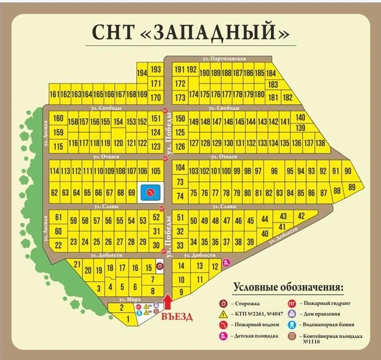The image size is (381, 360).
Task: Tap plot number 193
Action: (x=156, y=70)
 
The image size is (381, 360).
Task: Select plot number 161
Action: (x=54, y=95)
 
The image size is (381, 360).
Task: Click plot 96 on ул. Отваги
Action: (x=275, y=171)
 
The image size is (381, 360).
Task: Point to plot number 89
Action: (x=352, y=187)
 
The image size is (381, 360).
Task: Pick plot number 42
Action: (x=301, y=216)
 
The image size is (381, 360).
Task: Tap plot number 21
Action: (x=77, y=264)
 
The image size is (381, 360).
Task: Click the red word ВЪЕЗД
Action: (x=176, y=316)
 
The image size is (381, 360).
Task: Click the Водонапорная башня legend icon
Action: (x=293, y=325)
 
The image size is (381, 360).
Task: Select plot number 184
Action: (x=271, y=73)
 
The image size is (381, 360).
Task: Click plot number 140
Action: (x=301, y=117)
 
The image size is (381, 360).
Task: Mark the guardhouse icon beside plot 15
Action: (x=159, y=266)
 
